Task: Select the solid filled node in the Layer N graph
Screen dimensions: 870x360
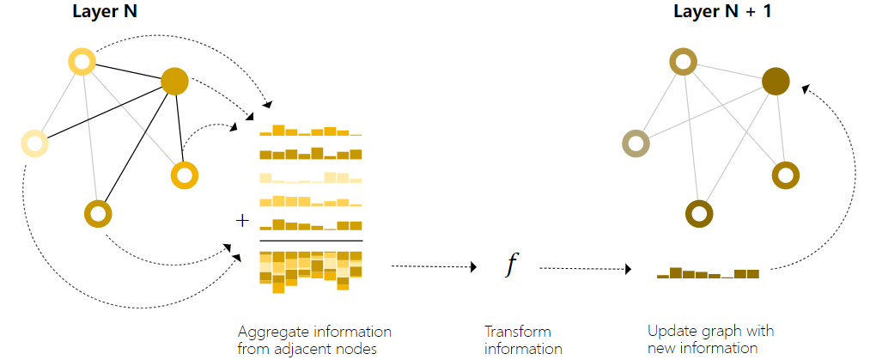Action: click(174, 81)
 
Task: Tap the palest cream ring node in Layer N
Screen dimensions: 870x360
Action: click(34, 143)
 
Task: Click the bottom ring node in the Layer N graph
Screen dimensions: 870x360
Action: click(99, 213)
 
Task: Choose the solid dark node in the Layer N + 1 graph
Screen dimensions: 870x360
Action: click(776, 82)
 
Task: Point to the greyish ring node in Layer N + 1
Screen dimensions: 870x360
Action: click(636, 144)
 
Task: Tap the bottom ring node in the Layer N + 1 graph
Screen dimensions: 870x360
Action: click(700, 212)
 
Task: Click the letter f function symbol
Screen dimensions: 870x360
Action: click(512, 265)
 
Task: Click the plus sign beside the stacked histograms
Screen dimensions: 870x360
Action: click(242, 221)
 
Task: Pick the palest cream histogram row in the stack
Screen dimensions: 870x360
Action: click(310, 178)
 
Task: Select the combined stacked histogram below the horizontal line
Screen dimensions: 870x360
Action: click(310, 271)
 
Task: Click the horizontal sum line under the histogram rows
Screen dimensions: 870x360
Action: click(310, 241)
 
